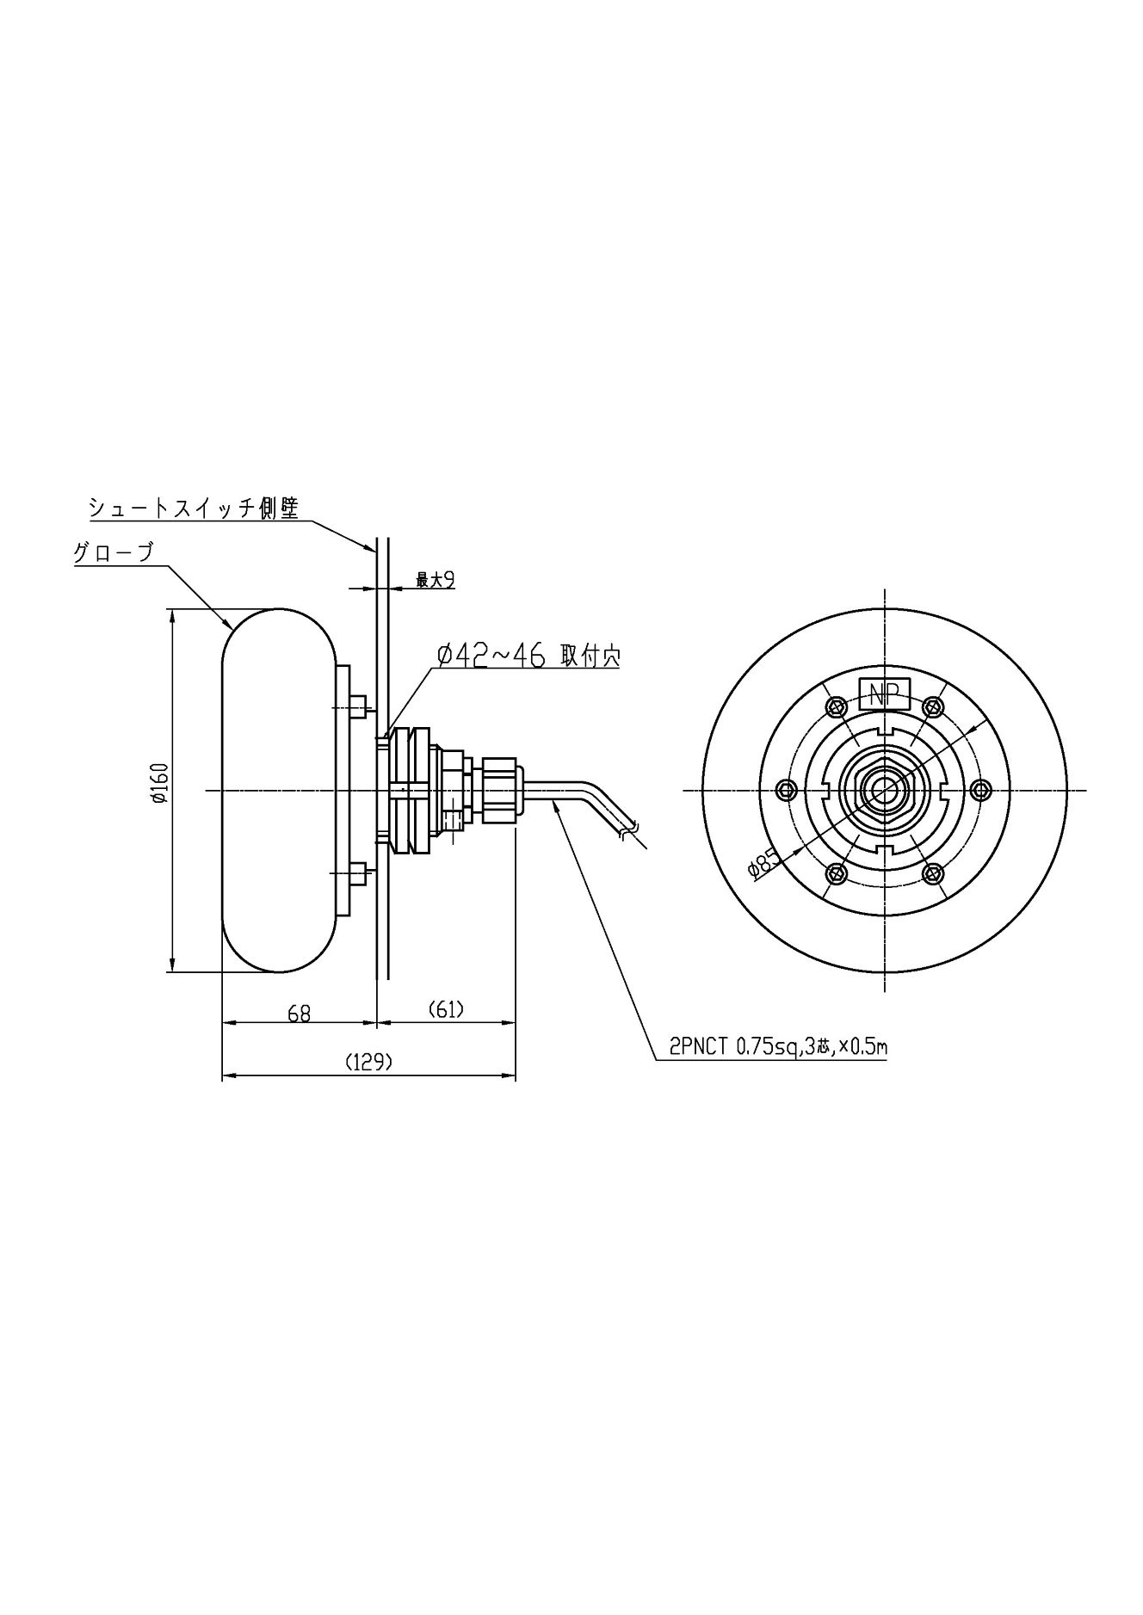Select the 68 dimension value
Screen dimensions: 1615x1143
[299, 1014]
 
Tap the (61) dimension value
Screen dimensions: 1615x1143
[446, 1009]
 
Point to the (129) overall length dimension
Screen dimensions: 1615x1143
[368, 1062]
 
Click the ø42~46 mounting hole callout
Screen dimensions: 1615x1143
[528, 656]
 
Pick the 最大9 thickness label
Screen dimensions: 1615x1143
[435, 581]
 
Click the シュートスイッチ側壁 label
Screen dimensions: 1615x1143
[194, 508]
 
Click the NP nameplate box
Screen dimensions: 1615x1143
[885, 693]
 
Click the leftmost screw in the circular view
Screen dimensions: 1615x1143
[785, 789]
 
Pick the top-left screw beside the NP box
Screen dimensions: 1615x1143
[834, 706]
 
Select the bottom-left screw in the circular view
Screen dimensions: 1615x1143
[834, 873]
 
